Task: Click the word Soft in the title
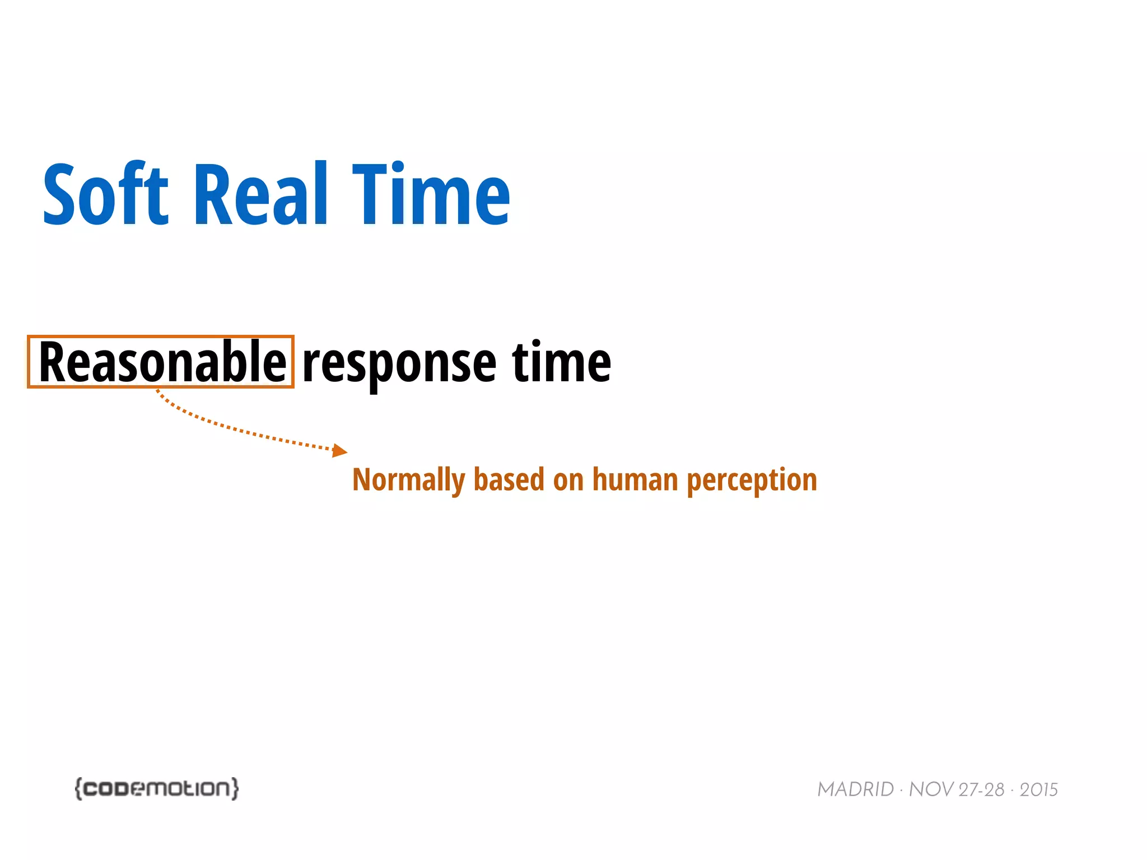click(x=105, y=194)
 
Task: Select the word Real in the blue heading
click(x=260, y=194)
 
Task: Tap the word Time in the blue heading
click(x=431, y=194)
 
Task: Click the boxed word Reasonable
click(x=162, y=362)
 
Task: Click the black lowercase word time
click(x=561, y=362)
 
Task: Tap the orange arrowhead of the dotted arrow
click(x=339, y=450)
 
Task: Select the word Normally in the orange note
click(x=409, y=480)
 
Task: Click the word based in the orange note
click(x=509, y=479)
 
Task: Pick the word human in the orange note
click(x=635, y=479)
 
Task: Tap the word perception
click(x=752, y=480)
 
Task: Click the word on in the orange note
click(x=568, y=480)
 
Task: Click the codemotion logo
click(x=157, y=788)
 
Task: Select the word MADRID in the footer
click(x=855, y=789)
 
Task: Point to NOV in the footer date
click(x=931, y=789)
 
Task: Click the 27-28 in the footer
click(x=981, y=789)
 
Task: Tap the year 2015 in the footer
click(x=1038, y=789)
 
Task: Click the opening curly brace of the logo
click(x=79, y=788)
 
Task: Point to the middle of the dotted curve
click(x=235, y=429)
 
